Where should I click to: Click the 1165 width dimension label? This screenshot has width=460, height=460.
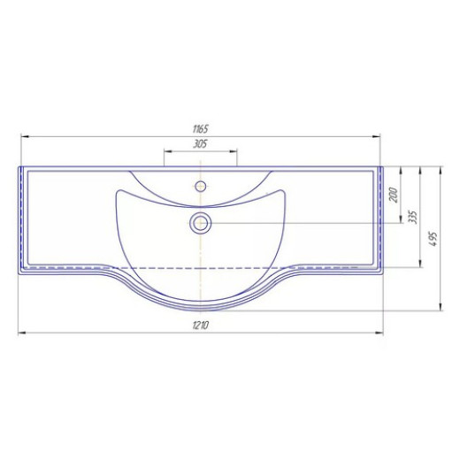point(201,129)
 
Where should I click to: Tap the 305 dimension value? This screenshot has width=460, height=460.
point(201,144)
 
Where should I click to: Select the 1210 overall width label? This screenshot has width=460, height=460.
point(201,326)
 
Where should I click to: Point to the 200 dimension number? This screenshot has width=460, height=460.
point(394,195)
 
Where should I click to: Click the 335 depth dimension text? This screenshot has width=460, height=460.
point(414,217)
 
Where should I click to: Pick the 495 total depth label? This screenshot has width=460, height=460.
point(433,239)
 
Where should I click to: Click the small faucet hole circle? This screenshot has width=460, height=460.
point(201,186)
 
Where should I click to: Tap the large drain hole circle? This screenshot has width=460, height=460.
point(201,223)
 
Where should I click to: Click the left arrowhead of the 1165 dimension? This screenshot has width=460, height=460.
point(25,136)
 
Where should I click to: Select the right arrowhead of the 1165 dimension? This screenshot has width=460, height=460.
point(376,136)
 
